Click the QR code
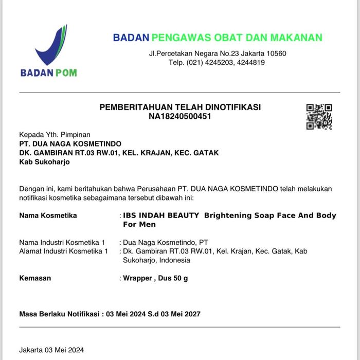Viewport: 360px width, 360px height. pos(319,117)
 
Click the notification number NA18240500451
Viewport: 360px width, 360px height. pos(180,116)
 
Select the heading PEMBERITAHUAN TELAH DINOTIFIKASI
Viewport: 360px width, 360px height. pos(180,107)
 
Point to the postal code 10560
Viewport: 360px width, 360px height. pos(276,53)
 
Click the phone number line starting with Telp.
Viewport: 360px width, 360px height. pos(217,62)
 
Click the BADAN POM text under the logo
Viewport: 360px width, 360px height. pos(48,73)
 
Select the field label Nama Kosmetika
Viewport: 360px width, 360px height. pos(48,215)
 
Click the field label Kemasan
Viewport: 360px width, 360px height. pos(35,278)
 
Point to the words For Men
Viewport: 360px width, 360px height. pos(139,224)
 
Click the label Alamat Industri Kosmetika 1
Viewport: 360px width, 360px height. pos(63,251)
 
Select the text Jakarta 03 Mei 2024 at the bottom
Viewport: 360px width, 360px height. pos(51,350)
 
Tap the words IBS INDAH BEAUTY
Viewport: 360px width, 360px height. pos(161,215)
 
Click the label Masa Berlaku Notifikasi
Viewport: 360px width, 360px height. pos(59,314)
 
